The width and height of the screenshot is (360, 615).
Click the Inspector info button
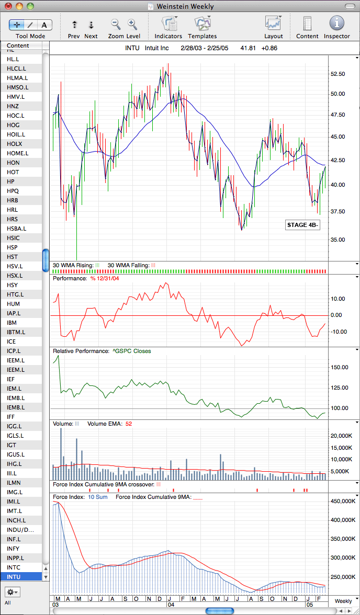click(336, 24)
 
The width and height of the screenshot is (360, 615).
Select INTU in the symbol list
click(14, 576)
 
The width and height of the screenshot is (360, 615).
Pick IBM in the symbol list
click(12, 322)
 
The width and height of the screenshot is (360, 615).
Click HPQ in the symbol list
click(13, 190)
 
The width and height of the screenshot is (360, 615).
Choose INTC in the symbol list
click(14, 567)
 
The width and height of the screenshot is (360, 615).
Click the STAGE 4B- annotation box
click(302, 225)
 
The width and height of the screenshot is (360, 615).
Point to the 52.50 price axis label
click(338, 74)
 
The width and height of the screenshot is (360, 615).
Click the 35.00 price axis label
click(338, 240)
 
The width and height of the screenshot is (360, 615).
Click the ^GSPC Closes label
click(130, 351)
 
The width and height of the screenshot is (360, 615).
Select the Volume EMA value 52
click(129, 424)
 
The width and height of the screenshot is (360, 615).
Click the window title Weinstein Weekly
click(185, 6)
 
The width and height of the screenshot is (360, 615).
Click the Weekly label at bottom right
click(343, 601)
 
